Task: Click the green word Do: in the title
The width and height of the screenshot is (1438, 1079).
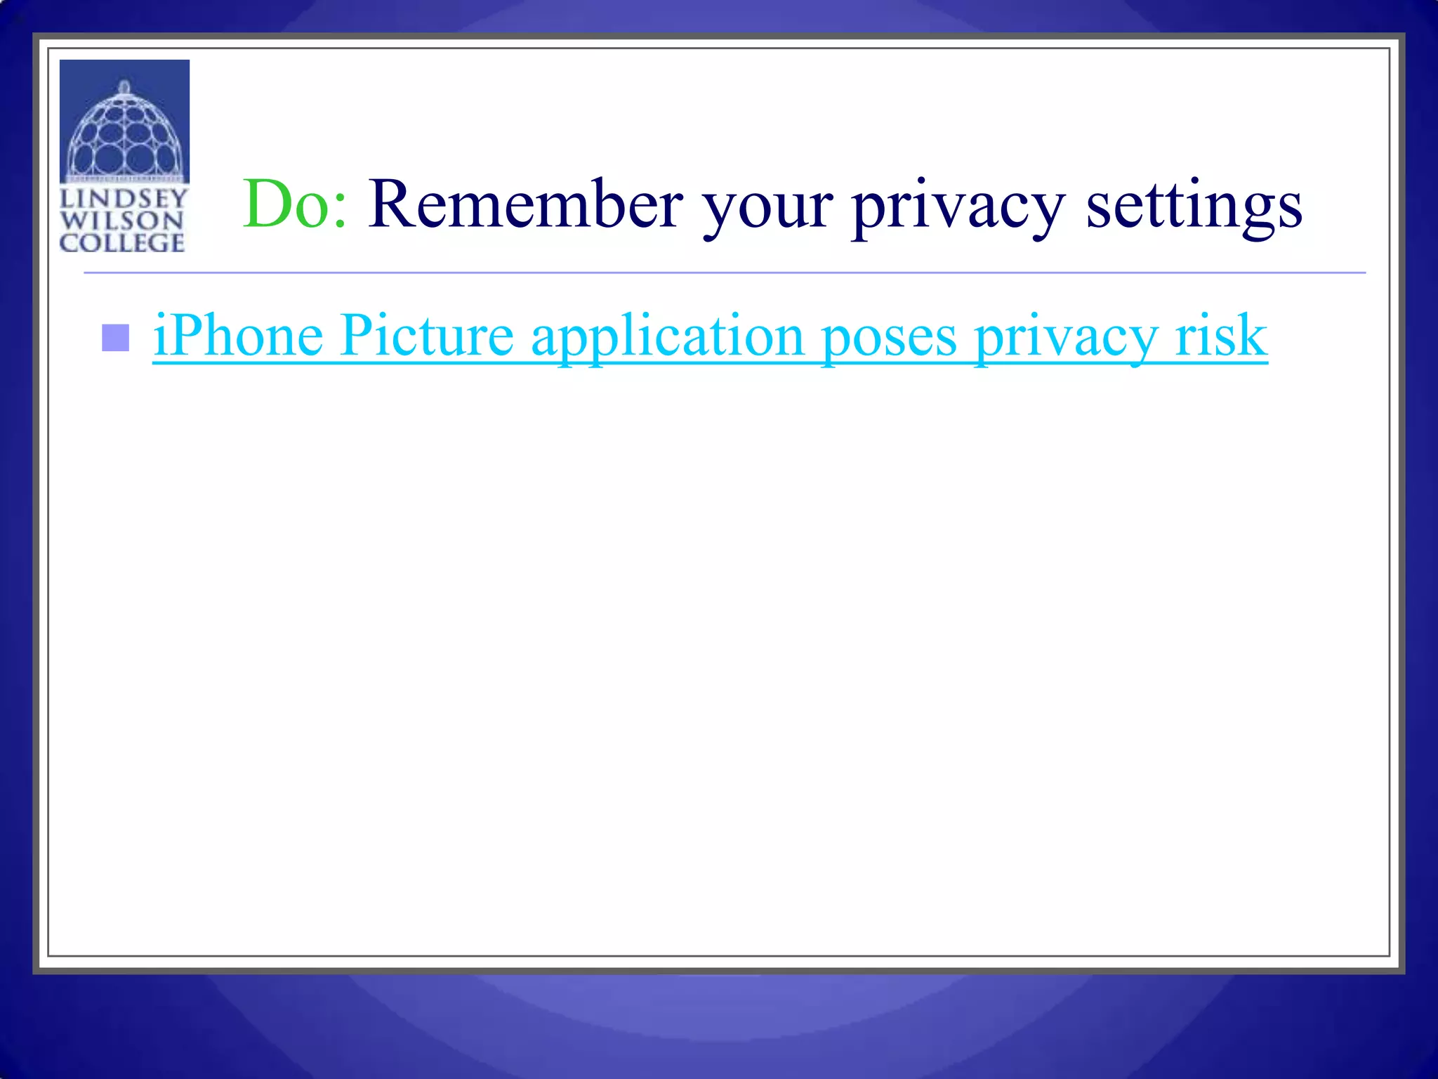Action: pyautogui.click(x=294, y=204)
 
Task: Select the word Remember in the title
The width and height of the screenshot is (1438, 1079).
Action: pyautogui.click(x=525, y=204)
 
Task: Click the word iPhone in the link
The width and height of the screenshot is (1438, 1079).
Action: pyautogui.click(x=238, y=336)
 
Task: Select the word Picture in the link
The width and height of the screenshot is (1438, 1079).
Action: pyautogui.click(x=428, y=336)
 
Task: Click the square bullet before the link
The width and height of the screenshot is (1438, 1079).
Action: pyautogui.click(x=116, y=338)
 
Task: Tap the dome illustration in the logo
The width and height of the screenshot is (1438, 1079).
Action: pyautogui.click(x=124, y=133)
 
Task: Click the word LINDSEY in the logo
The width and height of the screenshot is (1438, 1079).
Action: pyautogui.click(x=124, y=198)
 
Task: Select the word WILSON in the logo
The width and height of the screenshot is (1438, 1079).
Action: pyautogui.click(x=121, y=221)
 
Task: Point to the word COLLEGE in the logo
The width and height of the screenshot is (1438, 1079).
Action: pyautogui.click(x=122, y=243)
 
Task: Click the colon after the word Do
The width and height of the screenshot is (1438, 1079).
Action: pyautogui.click(x=340, y=211)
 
